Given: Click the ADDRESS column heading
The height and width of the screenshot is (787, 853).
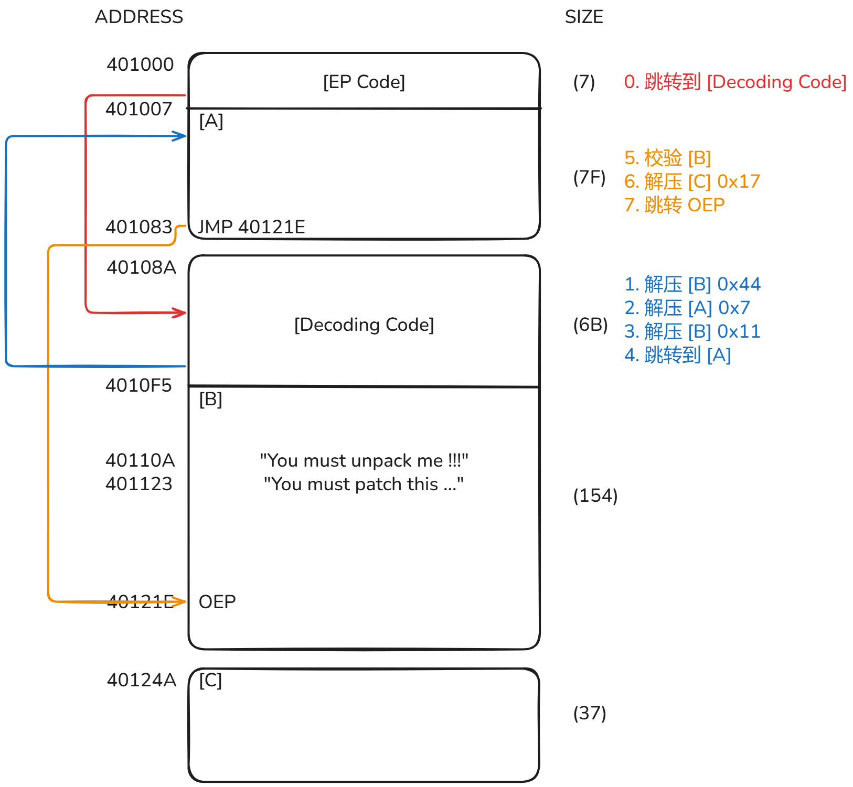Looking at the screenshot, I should pyautogui.click(x=139, y=17).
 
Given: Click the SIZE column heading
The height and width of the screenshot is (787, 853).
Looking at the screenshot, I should pyautogui.click(x=584, y=17).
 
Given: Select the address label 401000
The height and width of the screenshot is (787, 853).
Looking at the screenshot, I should pyautogui.click(x=140, y=64).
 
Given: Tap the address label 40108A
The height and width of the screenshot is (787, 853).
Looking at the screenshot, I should pyautogui.click(x=142, y=267).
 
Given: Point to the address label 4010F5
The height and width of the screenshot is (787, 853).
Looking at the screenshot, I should pyautogui.click(x=138, y=385).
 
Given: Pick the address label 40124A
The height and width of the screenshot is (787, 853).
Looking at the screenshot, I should pyautogui.click(x=142, y=680).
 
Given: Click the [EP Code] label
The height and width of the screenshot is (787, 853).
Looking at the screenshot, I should pyautogui.click(x=364, y=82).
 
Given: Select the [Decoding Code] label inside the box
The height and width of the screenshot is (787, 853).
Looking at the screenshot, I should pyautogui.click(x=364, y=325).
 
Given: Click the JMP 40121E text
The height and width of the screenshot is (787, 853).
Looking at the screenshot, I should pyautogui.click(x=251, y=227).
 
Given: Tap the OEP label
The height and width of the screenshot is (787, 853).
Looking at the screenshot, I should pyautogui.click(x=217, y=602).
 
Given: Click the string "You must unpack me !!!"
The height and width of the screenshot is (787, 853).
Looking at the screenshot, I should pyautogui.click(x=364, y=460).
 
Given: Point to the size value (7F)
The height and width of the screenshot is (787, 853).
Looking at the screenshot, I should pyautogui.click(x=589, y=178).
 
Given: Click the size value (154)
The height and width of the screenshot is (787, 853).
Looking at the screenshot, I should pyautogui.click(x=595, y=496).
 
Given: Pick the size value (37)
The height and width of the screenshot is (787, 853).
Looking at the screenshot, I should pyautogui.click(x=590, y=714).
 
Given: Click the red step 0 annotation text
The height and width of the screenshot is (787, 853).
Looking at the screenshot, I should pyautogui.click(x=735, y=82).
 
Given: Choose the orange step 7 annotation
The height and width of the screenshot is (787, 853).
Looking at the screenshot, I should pyautogui.click(x=675, y=205).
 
